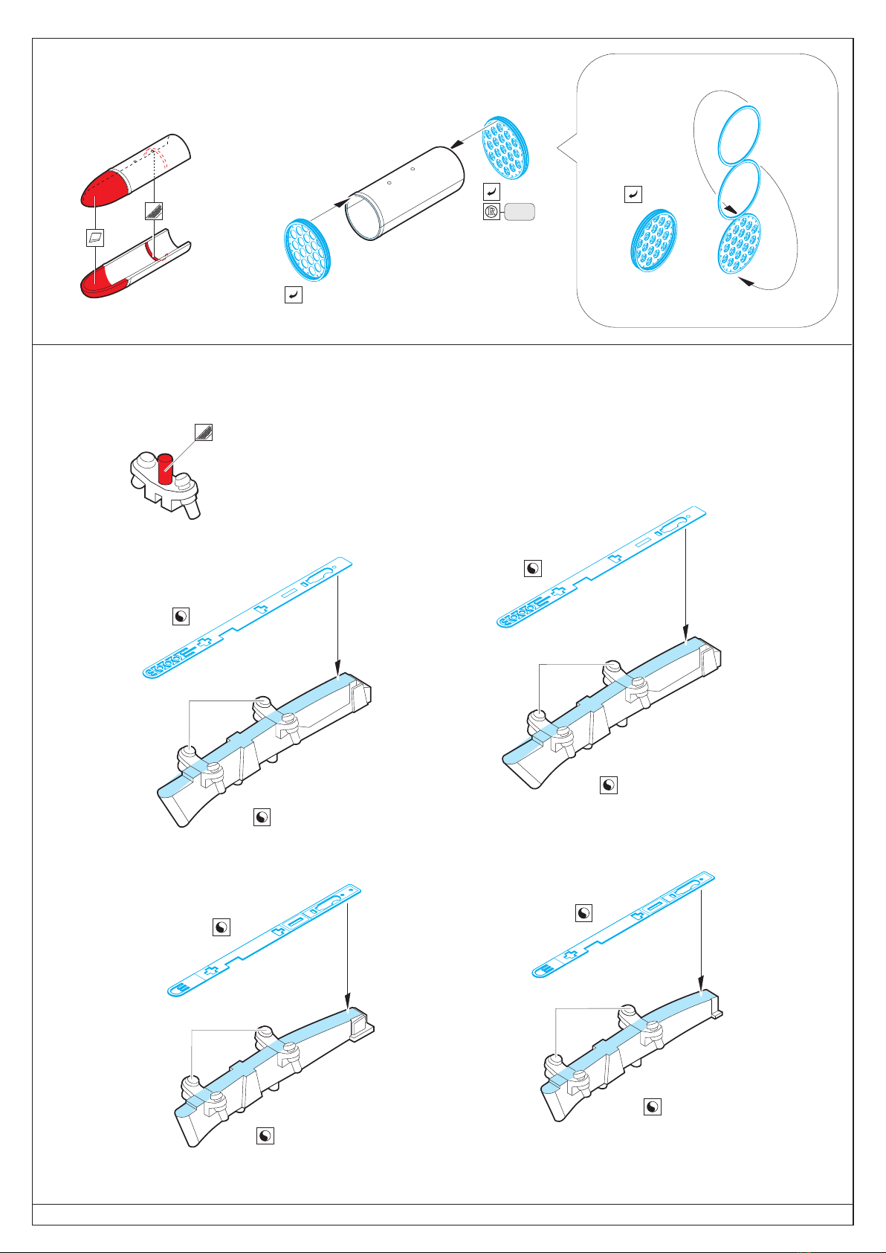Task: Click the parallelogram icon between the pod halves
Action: (94, 238)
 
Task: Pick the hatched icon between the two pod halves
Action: (154, 210)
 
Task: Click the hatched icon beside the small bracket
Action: (204, 431)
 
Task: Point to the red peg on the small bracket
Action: (165, 468)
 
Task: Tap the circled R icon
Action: (491, 212)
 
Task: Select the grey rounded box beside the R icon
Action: (520, 212)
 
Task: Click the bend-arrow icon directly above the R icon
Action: (491, 192)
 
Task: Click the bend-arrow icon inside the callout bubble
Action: (632, 195)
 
